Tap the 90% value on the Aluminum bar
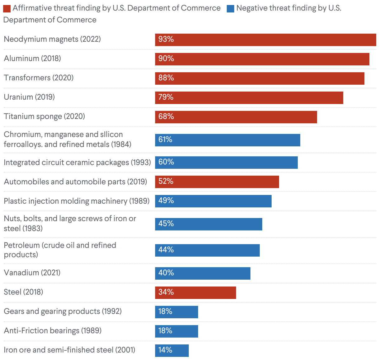point(166,59)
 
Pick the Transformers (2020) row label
point(39,78)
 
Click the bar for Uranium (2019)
point(249,98)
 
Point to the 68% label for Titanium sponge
point(166,117)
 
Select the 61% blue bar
point(227,140)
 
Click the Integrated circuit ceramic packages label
point(77,163)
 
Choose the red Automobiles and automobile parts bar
point(217,182)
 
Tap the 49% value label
point(166,201)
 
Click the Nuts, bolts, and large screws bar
point(208,224)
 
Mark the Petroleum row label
point(60,250)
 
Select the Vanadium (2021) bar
point(202,273)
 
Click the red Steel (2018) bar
point(195,293)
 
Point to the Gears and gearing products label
point(63,311)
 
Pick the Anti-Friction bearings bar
point(176,331)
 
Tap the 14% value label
point(165,350)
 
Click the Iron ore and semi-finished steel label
point(69,350)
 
